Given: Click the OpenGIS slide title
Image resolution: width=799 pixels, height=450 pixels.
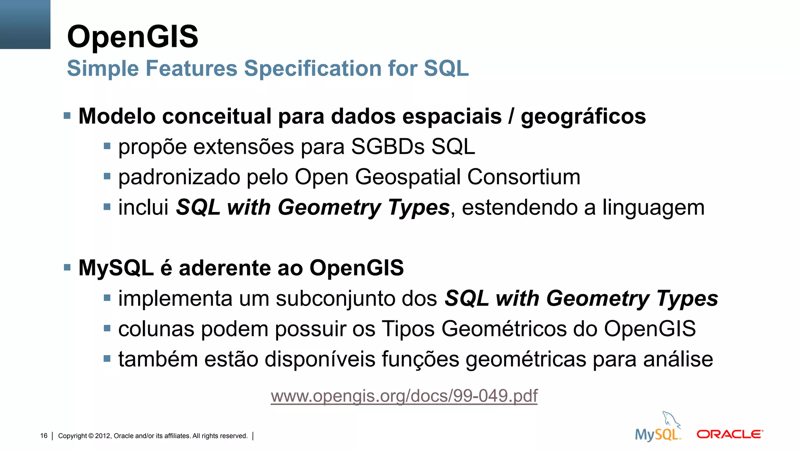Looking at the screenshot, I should [133, 37].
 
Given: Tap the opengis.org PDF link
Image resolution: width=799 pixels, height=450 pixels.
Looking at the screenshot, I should [404, 396].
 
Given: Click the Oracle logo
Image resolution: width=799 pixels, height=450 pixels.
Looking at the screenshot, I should [730, 434].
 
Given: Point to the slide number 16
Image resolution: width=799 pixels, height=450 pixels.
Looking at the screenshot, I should [44, 436].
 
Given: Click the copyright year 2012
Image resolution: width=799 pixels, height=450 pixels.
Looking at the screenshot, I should [103, 436].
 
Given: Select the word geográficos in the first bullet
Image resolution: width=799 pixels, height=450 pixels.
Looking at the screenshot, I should [583, 116].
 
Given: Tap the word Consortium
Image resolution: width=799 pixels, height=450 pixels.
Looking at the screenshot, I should [524, 177].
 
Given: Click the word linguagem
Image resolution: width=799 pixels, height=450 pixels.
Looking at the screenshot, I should [653, 208].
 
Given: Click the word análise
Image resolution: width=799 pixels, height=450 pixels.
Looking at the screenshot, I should [678, 359].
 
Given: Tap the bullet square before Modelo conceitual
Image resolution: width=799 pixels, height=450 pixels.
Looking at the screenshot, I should [67, 116].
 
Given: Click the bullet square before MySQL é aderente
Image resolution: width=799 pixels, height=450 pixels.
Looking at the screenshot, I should [67, 268].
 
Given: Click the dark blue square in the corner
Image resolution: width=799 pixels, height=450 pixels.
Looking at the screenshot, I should [25, 24].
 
